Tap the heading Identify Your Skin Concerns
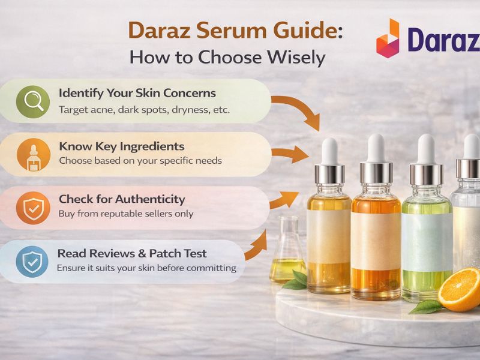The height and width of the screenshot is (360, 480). click(x=137, y=94)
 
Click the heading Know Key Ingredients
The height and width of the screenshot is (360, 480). click(x=121, y=146)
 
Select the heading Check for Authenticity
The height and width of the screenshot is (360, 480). click(x=122, y=199)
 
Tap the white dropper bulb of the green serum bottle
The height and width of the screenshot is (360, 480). click(x=425, y=148)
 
